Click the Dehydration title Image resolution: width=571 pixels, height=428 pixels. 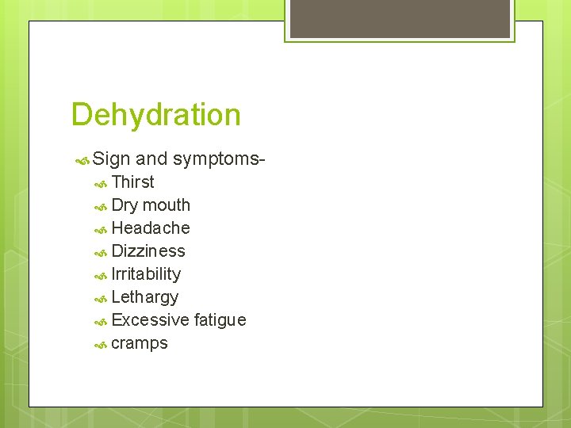[x=155, y=115]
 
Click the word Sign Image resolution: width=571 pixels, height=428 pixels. [x=111, y=159]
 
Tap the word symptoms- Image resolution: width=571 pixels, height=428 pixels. [x=219, y=159]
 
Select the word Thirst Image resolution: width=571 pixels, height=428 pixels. [x=132, y=182]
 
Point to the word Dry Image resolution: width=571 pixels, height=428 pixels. [x=125, y=205]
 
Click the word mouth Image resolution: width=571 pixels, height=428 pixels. [x=167, y=205]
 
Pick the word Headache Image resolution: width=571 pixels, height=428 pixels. [x=151, y=228]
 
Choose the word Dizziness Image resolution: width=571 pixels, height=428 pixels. [x=148, y=251]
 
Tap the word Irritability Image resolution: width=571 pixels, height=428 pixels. [x=146, y=274]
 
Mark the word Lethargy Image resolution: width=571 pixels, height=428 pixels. [x=145, y=297]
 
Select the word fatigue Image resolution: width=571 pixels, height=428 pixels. [x=220, y=320]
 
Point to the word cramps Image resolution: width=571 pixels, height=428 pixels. [x=140, y=343]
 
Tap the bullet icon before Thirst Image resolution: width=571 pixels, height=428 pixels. [x=101, y=183]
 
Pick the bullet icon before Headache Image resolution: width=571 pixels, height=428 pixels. [x=101, y=229]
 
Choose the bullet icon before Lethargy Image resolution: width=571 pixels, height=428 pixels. [x=101, y=298]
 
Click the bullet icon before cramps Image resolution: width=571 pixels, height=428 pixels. [x=101, y=344]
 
